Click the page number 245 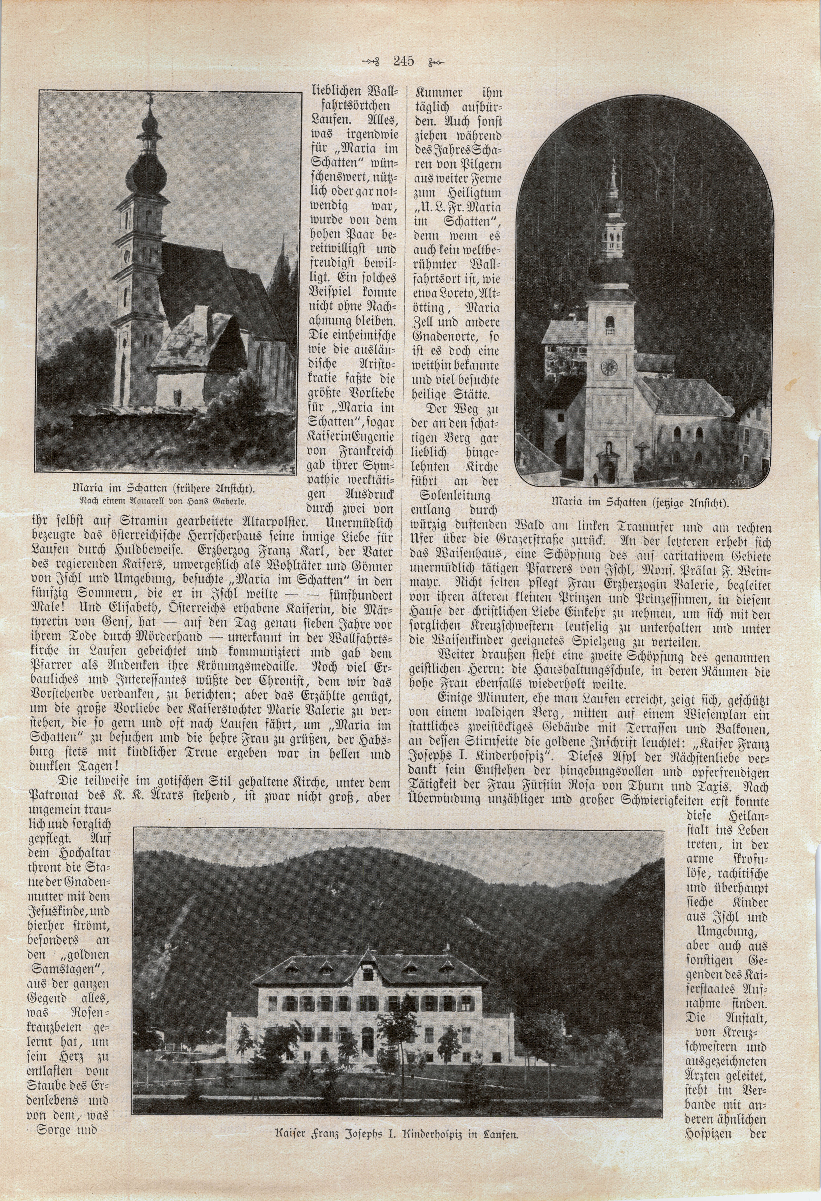coord(403,61)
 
